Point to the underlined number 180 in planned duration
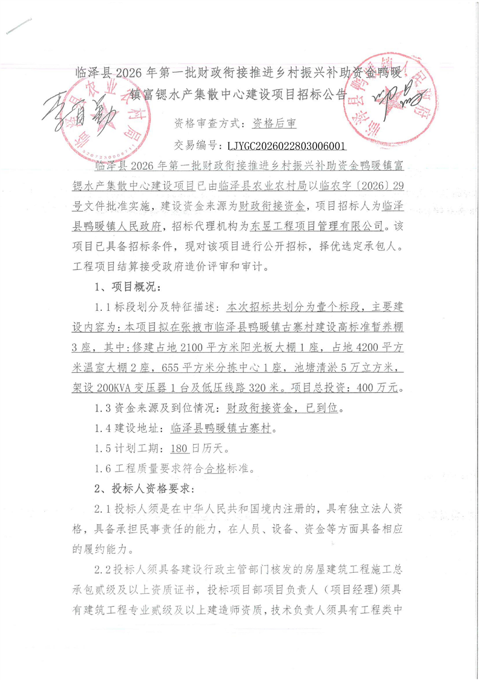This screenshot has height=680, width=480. coord(180,448)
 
